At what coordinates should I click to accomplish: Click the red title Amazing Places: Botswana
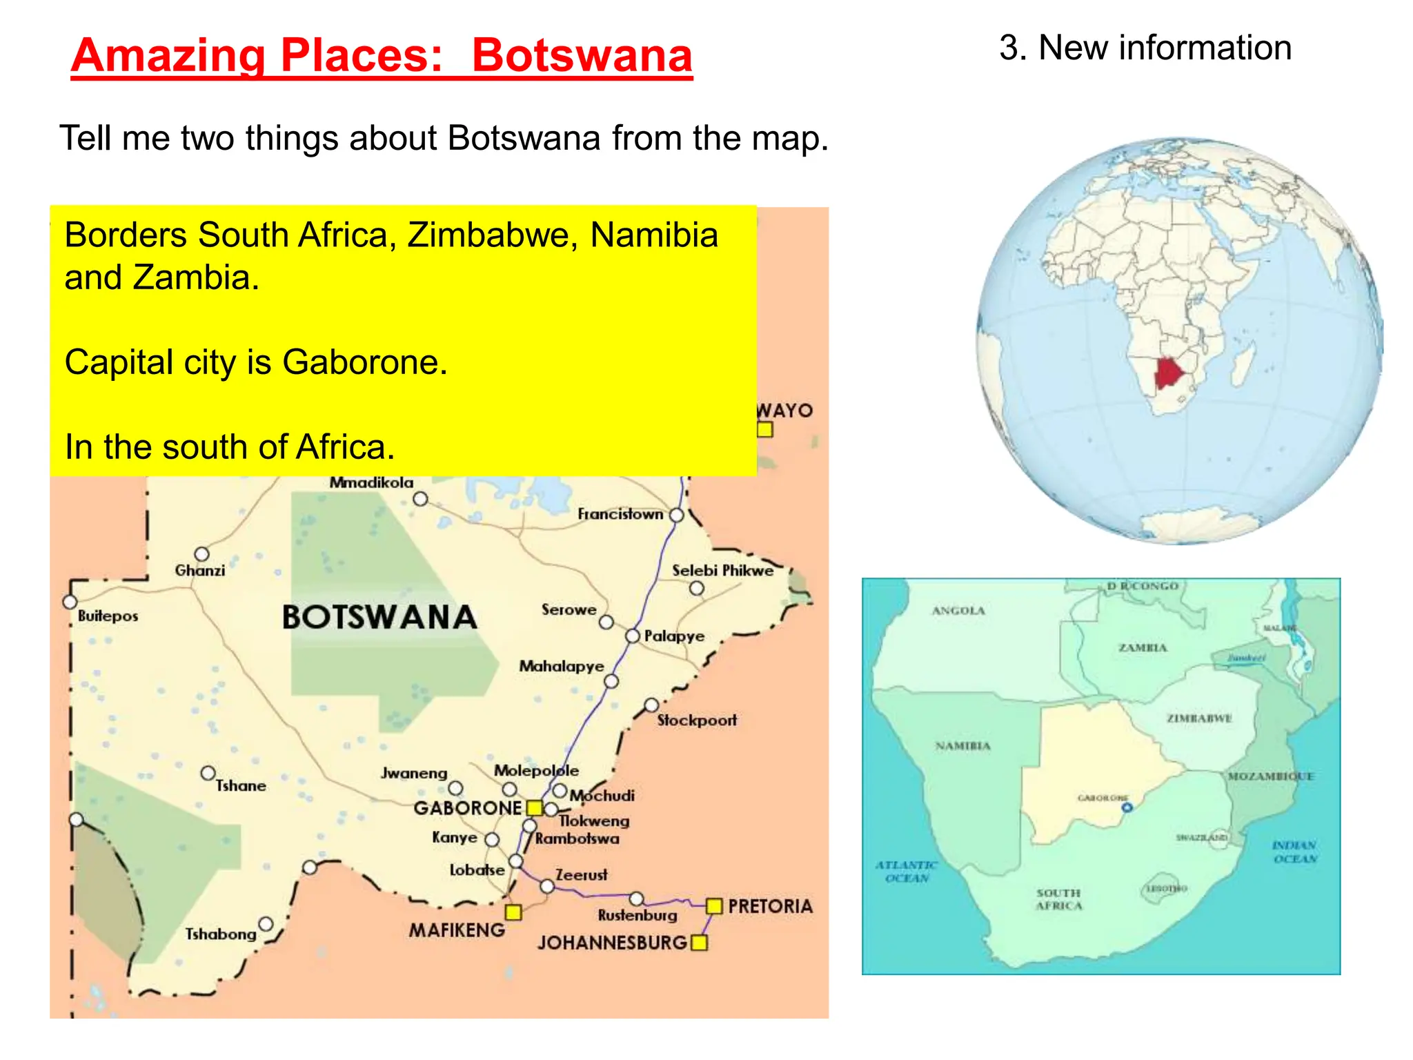pos(382,55)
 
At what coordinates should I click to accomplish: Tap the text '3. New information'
pos(1145,48)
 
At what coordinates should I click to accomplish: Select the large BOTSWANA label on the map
pos(379,617)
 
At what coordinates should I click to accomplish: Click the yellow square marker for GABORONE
pos(535,807)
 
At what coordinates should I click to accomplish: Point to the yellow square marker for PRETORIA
pos(714,905)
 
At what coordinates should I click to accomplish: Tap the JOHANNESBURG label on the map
pos(612,943)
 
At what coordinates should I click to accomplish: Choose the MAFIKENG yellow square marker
pos(513,912)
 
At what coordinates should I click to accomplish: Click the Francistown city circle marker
pos(677,515)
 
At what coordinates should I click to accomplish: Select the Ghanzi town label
pos(200,571)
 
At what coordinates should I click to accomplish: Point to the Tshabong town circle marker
pos(266,923)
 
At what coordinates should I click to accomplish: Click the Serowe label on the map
pos(569,610)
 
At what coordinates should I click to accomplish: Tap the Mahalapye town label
pos(562,667)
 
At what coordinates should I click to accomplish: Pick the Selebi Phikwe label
pos(722,571)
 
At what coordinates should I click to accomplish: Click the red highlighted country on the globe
pos(1169,373)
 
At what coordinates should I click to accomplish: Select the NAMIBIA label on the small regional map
pos(962,746)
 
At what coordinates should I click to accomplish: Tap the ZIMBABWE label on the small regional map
pos(1199,718)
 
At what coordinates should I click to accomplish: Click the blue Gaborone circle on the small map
pos(1127,807)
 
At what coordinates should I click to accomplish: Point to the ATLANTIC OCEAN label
pos(907,872)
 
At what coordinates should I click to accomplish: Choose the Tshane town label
pos(240,786)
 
